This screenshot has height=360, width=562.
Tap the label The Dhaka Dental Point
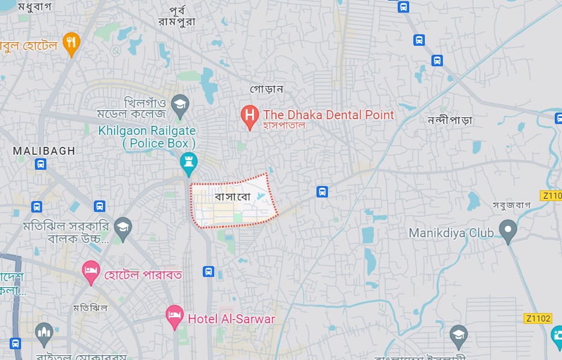(x=329, y=114)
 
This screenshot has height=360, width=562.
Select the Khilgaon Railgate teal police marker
(x=189, y=163)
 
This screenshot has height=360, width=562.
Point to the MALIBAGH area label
(x=44, y=151)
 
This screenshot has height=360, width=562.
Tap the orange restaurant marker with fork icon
(x=72, y=43)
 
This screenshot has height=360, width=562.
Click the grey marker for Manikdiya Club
(x=508, y=231)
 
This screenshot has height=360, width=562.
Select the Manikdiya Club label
(x=451, y=232)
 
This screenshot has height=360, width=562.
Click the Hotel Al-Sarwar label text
(x=231, y=319)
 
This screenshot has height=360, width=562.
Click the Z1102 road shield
(x=537, y=318)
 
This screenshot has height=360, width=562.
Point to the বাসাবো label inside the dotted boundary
(x=232, y=197)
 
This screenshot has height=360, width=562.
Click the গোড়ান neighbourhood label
(x=267, y=89)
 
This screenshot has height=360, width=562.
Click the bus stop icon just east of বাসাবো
(x=322, y=192)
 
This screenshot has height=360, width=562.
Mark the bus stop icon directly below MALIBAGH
(x=40, y=164)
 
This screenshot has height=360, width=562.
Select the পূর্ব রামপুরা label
(x=181, y=15)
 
